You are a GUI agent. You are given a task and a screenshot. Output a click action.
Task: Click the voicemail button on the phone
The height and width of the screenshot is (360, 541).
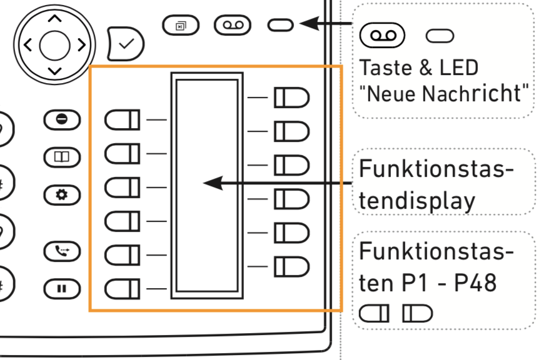click(233, 25)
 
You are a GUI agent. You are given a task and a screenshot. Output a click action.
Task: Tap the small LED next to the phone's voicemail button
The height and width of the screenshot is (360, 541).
click(280, 24)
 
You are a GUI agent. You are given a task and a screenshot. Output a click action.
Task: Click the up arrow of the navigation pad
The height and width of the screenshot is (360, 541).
click(54, 19)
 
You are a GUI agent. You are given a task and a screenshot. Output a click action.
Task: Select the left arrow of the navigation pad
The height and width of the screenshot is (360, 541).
click(27, 45)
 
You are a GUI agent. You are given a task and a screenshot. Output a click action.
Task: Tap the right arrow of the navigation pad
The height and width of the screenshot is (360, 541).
click(81, 45)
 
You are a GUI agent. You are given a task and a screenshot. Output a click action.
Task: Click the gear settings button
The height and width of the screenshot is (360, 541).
click(62, 194)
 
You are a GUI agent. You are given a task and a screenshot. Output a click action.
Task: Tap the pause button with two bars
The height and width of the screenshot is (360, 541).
click(62, 289)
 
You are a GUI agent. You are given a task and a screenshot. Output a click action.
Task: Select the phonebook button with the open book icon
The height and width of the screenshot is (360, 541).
click(62, 157)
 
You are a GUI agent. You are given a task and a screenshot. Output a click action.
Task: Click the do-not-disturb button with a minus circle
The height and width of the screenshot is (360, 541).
click(62, 119)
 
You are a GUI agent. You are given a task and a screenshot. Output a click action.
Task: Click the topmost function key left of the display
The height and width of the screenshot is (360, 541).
click(123, 119)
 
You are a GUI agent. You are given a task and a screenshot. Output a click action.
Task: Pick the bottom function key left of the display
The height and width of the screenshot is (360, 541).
click(123, 289)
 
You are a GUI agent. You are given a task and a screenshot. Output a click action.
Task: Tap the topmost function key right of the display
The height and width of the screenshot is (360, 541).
click(291, 97)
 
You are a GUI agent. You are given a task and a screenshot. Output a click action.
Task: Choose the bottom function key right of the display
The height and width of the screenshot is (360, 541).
click(291, 266)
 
